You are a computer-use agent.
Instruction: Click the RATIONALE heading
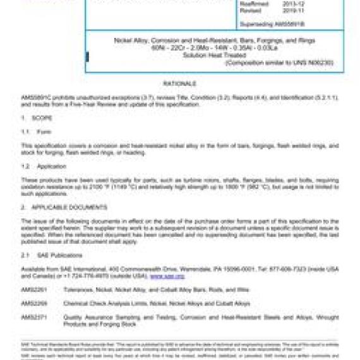180,83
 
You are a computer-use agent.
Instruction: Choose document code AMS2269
32,303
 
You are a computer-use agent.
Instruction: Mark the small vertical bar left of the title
87,57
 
